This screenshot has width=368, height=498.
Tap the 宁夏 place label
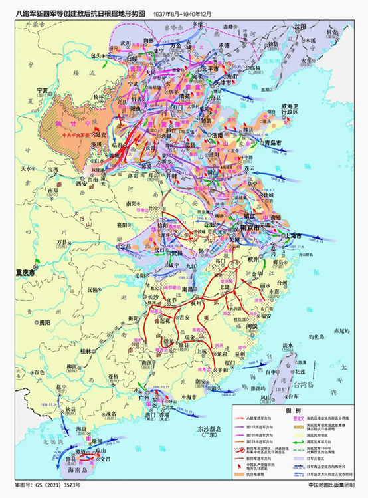(x=43, y=90)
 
